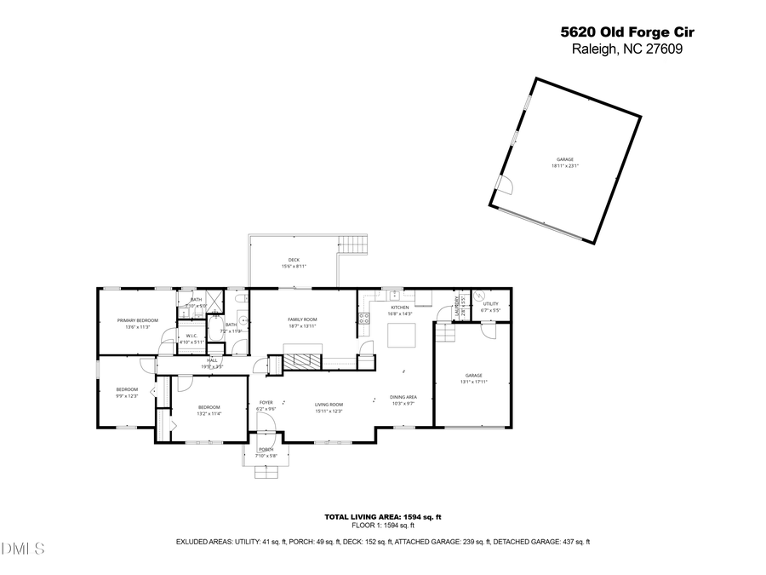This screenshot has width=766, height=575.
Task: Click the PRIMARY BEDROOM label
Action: (138, 320)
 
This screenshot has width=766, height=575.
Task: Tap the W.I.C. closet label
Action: (192, 336)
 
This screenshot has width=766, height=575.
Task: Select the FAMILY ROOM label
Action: (302, 319)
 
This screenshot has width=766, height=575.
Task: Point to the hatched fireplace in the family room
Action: (303, 360)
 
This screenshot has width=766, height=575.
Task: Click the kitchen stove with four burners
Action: (364, 319)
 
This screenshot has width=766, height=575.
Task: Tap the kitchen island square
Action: (400, 336)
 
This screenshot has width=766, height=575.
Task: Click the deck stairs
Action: (352, 245)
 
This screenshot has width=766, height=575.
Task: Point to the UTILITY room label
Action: (491, 303)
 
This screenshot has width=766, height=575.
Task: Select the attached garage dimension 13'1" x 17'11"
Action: (473, 382)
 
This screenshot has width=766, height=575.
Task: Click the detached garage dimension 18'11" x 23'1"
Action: (565, 166)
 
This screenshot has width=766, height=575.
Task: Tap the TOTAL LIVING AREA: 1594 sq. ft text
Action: (382, 517)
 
